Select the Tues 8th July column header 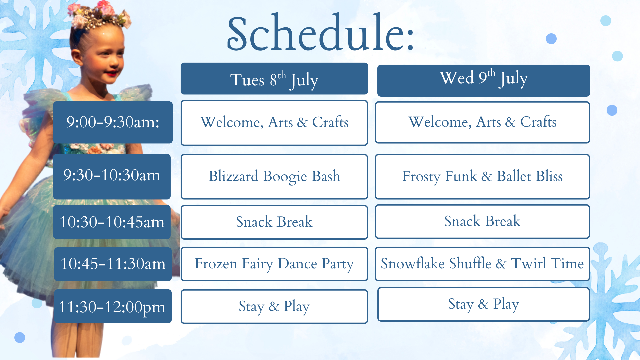pyautogui.click(x=274, y=79)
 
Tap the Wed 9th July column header pyautogui.click(x=483, y=81)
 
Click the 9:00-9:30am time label pyautogui.click(x=113, y=122)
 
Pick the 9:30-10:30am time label pyautogui.click(x=112, y=176)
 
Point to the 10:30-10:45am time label pyautogui.click(x=112, y=222)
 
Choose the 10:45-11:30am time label pyautogui.click(x=113, y=264)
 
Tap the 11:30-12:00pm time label pyautogui.click(x=113, y=306)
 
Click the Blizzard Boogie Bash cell pyautogui.click(x=274, y=177)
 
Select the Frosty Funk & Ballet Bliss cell pyautogui.click(x=482, y=177)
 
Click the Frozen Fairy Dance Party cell pyautogui.click(x=274, y=264)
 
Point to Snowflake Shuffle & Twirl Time pyautogui.click(x=482, y=264)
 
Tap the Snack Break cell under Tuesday pyautogui.click(x=274, y=222)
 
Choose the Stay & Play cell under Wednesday pyautogui.click(x=483, y=304)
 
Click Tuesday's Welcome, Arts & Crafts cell pyautogui.click(x=274, y=123)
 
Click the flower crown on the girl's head pyautogui.click(x=100, y=15)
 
